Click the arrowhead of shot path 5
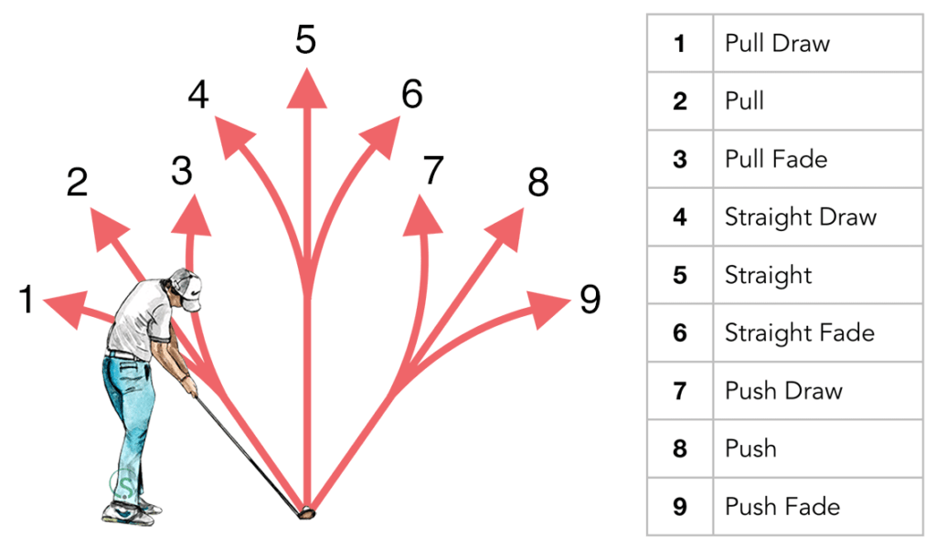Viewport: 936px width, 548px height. coord(306,90)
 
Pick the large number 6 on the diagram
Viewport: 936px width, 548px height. coord(412,94)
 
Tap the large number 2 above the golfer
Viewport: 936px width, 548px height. coord(78,183)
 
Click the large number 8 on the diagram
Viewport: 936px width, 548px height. coord(538,183)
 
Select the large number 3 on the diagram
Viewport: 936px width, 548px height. coord(182,170)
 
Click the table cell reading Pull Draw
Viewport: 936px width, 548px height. coord(777,43)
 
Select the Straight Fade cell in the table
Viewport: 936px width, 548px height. coord(799,332)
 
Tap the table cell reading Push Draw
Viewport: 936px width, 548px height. coord(783,391)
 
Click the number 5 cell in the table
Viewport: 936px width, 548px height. coord(679,275)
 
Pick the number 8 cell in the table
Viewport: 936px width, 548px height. coord(679,448)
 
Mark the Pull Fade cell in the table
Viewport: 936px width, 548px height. coord(776,159)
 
